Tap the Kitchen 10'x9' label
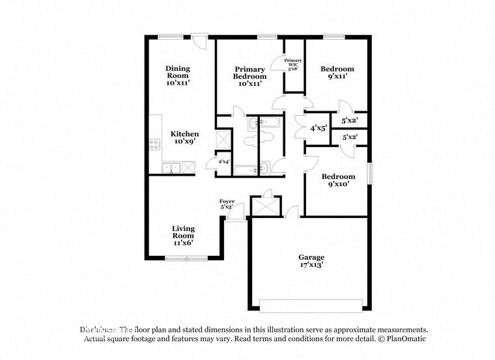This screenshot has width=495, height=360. coord(184,137)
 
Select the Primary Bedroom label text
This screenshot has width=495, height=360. coord(250,76)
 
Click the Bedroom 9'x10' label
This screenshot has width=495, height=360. coord(337,180)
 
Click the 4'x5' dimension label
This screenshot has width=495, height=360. coord(319,128)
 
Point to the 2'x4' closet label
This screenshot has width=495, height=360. coord(223,161)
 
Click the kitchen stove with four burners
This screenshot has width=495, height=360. coord(155,145)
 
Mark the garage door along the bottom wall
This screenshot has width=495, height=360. coord(311,305)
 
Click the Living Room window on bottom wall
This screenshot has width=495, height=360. coord(186,258)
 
